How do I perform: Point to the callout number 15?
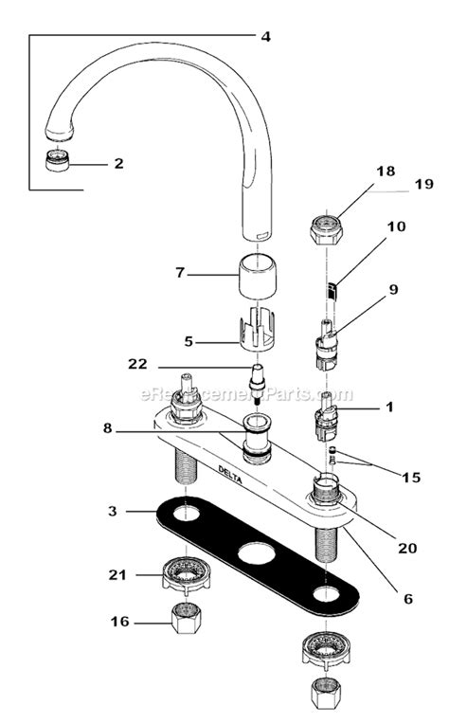pos(410,478)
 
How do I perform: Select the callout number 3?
pos(112,511)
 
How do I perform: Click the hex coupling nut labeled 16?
pos(181,621)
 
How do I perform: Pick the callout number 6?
pos(408,599)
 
